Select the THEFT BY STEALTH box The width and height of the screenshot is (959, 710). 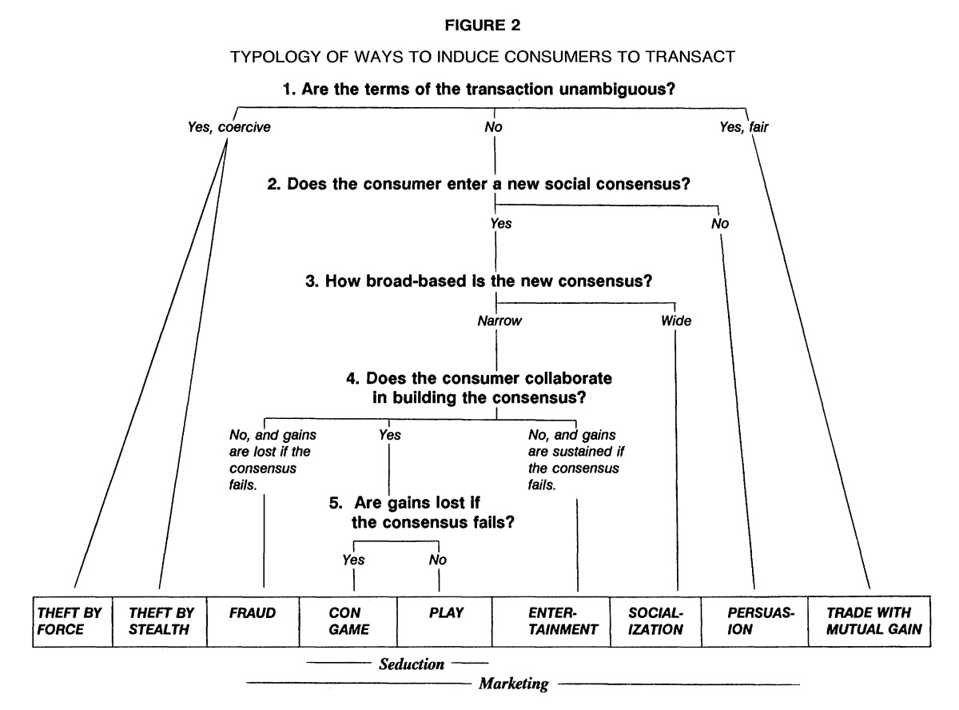[x=158, y=620]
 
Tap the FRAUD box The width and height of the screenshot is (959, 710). [x=253, y=620]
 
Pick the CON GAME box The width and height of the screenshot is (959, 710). [x=348, y=620]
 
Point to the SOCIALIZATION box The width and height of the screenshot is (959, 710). [x=655, y=620]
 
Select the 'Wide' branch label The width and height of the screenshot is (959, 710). [x=676, y=322]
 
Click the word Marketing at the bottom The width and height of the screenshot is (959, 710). [x=513, y=684]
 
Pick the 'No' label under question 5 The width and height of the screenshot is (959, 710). [x=437, y=560]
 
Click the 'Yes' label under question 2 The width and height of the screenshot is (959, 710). [x=500, y=224]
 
